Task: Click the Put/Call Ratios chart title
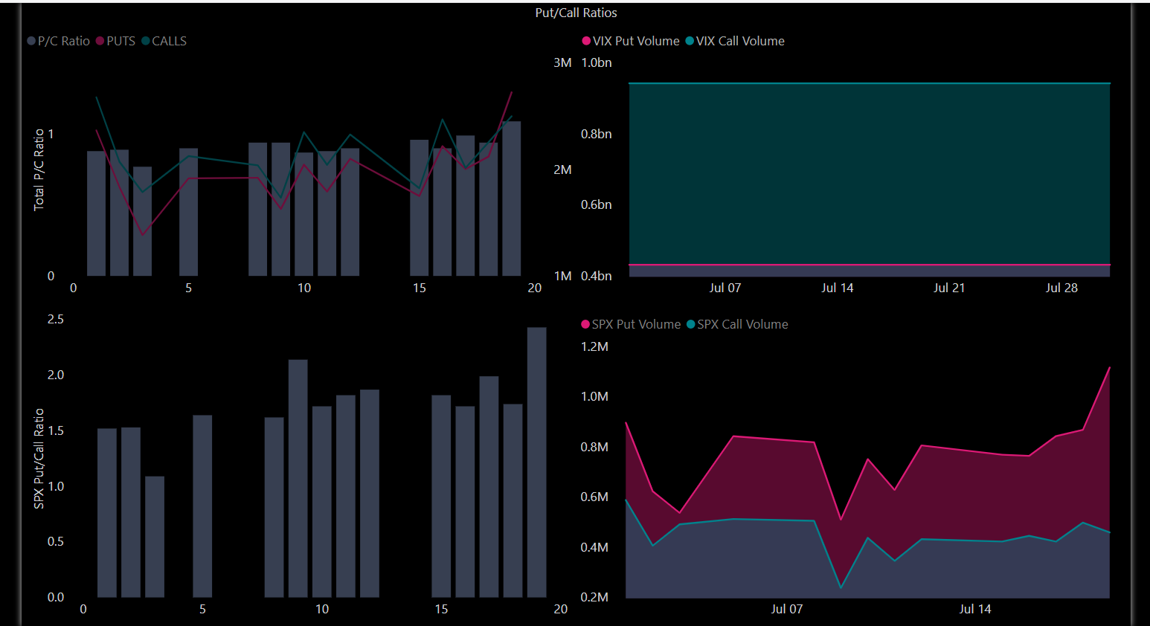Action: click(x=576, y=13)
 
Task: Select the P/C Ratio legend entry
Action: click(x=59, y=41)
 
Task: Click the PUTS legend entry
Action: click(x=116, y=41)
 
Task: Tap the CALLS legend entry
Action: click(x=164, y=41)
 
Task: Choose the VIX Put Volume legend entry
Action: click(x=631, y=41)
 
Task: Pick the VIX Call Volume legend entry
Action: click(x=735, y=41)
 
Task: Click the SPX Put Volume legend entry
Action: click(x=631, y=324)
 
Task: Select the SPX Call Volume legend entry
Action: click(x=737, y=324)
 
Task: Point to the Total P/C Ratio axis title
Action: click(x=39, y=170)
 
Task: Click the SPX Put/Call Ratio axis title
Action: click(x=39, y=459)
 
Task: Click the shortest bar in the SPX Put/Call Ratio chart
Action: click(x=155, y=536)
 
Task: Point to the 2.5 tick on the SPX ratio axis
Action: click(x=56, y=319)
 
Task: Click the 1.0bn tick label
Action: click(x=597, y=62)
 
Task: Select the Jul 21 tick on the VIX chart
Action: click(x=949, y=288)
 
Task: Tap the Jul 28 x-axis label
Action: click(x=1061, y=288)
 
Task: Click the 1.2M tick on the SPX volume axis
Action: click(x=594, y=346)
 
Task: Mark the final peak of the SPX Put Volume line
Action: click(x=1109, y=367)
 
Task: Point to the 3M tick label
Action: click(x=562, y=62)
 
